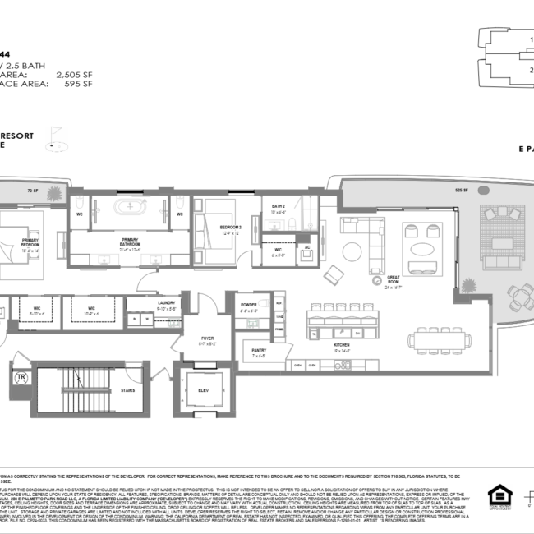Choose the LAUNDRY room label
click(165, 303)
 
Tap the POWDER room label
click(249, 304)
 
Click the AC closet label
click(307, 246)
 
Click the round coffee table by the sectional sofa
click(352, 250)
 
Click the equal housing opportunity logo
click(499, 496)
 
